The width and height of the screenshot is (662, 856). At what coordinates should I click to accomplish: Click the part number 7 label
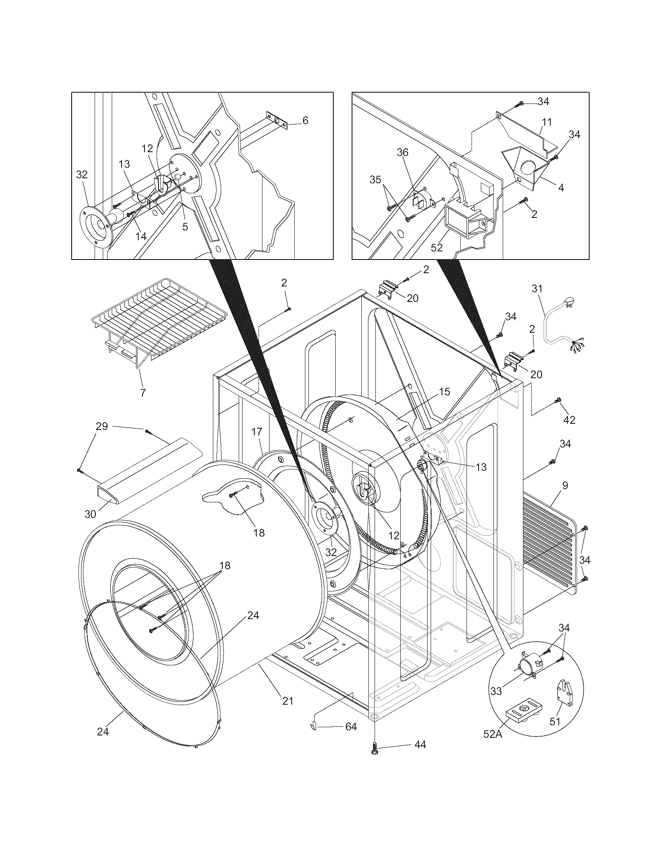point(143,392)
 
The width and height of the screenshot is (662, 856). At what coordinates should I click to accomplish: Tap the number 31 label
point(537,289)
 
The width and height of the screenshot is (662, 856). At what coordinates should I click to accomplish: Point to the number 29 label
point(102,426)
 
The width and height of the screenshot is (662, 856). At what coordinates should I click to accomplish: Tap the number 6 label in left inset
point(305,120)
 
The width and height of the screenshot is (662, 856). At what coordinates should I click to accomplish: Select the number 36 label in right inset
point(403,152)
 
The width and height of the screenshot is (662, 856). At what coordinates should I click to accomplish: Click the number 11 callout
point(547,122)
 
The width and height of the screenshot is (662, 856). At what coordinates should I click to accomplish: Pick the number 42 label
point(569,420)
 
